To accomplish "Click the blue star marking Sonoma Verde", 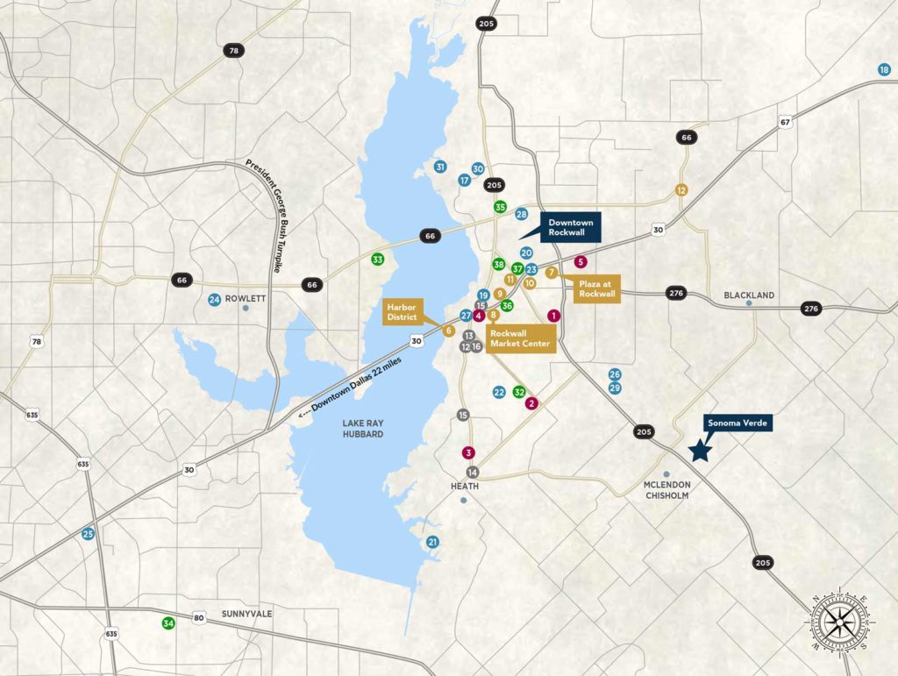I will [699, 451].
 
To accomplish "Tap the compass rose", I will [840, 621].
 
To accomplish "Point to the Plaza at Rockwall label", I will [597, 288].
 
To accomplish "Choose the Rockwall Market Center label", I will [521, 339].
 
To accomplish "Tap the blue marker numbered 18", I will [884, 69].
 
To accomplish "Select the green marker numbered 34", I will [167, 623].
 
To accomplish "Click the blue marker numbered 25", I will [88, 533].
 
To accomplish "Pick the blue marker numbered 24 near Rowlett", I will [214, 300].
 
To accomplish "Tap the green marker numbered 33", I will [377, 260].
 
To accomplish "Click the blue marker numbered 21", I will [432, 543].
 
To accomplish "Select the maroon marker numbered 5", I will [580, 261].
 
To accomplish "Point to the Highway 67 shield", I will [785, 123].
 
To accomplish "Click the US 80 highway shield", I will [199, 619].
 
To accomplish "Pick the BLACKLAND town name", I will [749, 295].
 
